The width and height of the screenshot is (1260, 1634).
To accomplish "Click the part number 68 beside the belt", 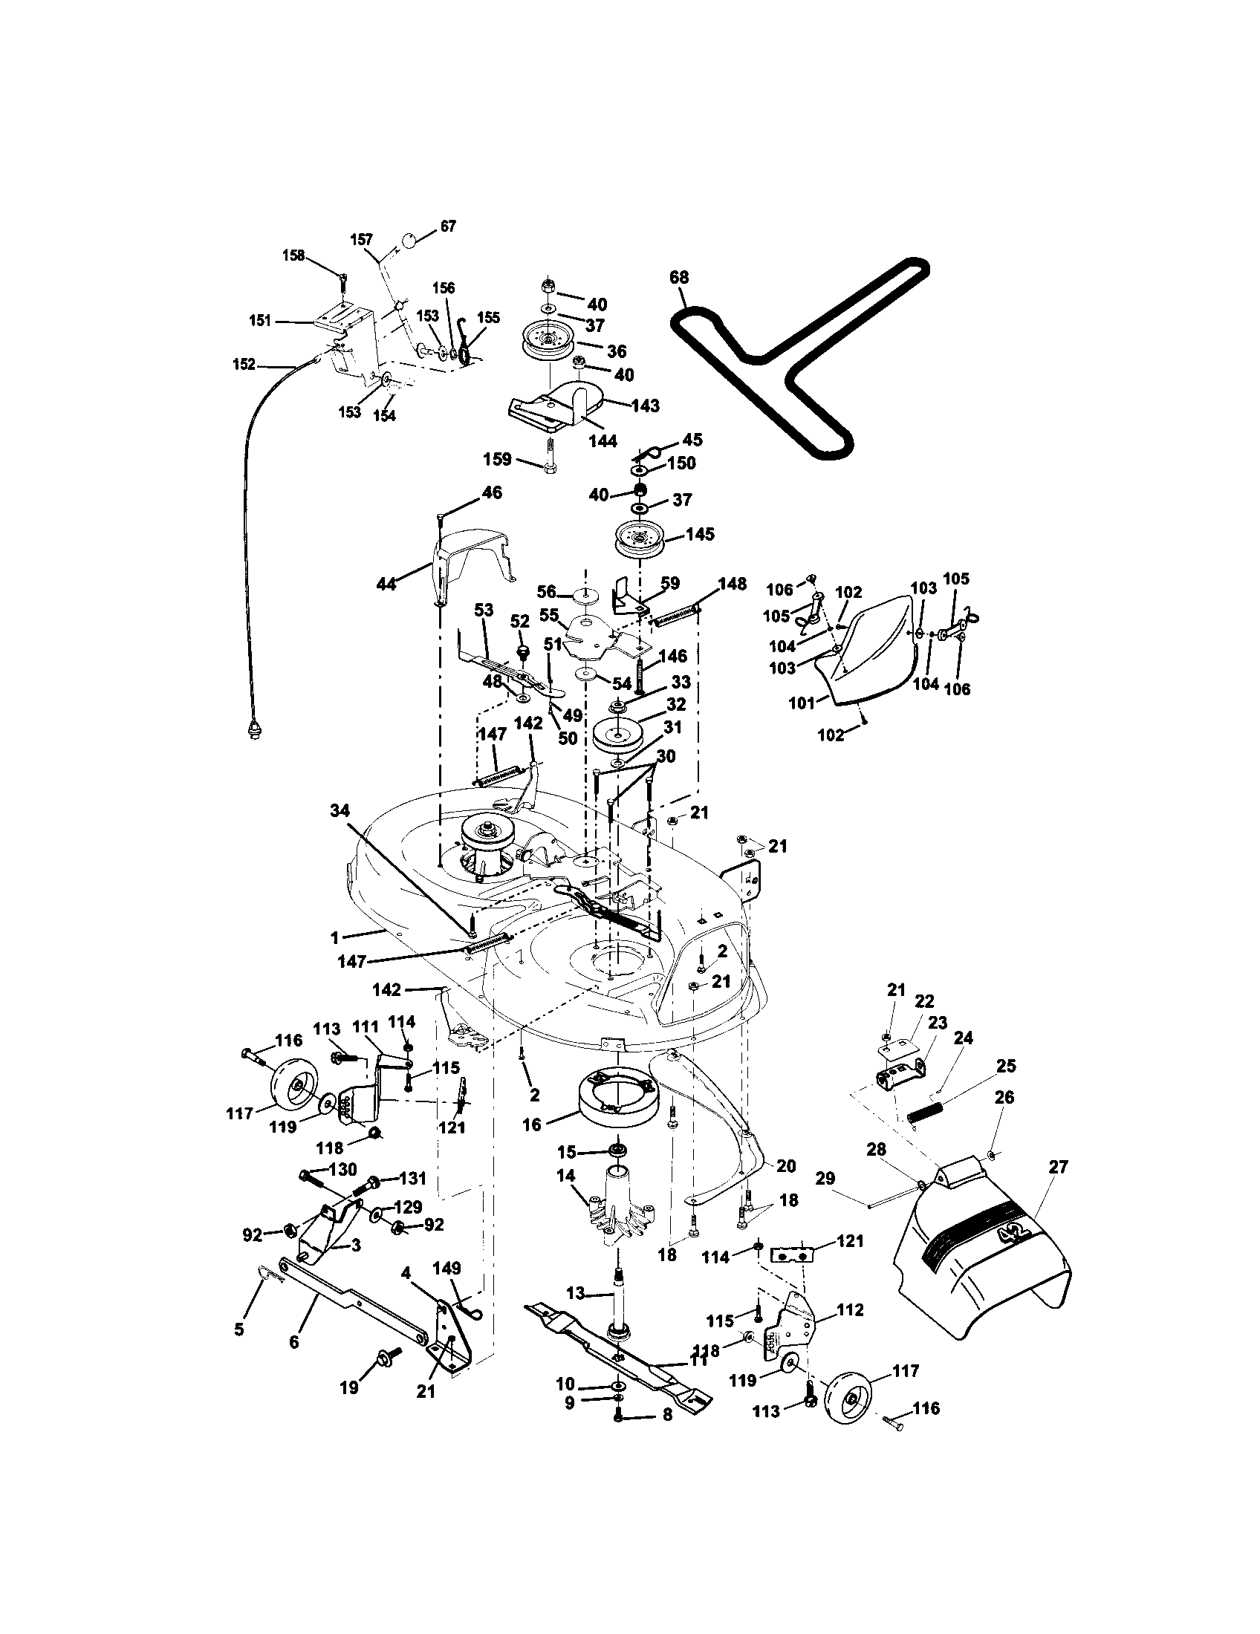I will pos(678,278).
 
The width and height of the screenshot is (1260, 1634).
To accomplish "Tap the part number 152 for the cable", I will pos(244,365).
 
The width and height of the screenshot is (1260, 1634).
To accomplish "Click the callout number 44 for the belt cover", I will pos(386,585).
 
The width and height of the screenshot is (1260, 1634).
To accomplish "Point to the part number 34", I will pos(340,808).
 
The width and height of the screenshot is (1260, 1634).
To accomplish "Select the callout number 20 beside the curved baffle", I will pos(786,1165).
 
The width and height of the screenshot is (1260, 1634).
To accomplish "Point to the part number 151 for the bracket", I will pos(259,321).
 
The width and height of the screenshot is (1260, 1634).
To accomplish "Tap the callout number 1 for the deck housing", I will pos(334,936).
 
